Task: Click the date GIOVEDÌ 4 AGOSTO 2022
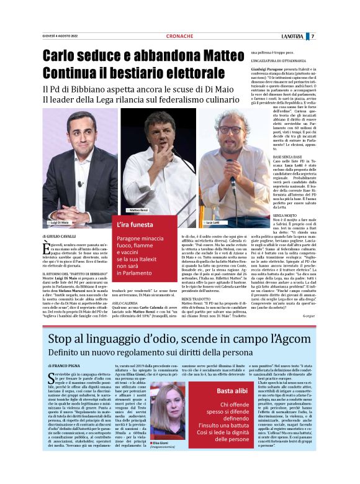[61, 36]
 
